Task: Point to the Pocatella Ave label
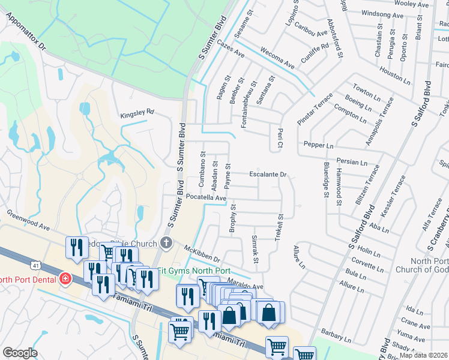(x=206, y=197)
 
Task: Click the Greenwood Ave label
(x=28, y=220)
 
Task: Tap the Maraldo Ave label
(x=245, y=286)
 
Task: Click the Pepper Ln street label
(x=318, y=145)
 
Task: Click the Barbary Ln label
(x=335, y=331)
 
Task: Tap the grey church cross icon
(x=166, y=243)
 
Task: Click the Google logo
(x=20, y=353)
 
